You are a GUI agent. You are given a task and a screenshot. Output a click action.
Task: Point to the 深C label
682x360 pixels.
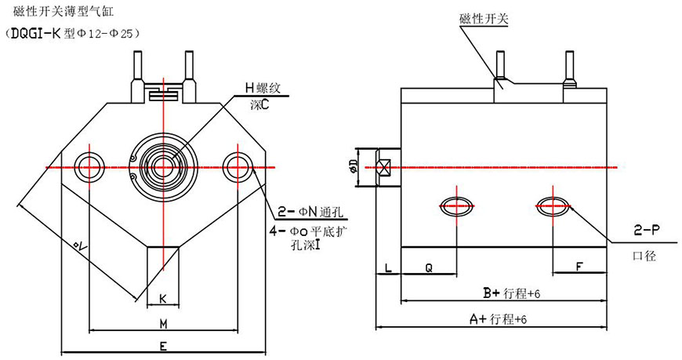(259, 104)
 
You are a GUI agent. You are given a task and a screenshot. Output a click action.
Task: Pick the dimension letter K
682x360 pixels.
(162, 298)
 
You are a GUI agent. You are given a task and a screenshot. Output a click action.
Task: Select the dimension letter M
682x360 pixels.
(163, 323)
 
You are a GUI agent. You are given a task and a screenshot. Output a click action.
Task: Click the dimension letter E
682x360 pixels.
(162, 345)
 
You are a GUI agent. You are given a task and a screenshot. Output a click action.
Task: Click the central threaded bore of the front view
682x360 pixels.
(163, 167)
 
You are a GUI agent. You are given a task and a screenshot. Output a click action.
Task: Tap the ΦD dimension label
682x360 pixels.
(353, 166)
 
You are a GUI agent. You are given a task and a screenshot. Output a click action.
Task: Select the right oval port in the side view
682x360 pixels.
(553, 206)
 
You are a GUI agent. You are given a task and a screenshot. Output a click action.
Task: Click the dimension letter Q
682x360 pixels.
(428, 267)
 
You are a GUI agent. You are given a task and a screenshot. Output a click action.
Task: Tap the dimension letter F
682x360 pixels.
(578, 267)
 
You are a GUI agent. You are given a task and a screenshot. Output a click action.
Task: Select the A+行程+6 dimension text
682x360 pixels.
(497, 318)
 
